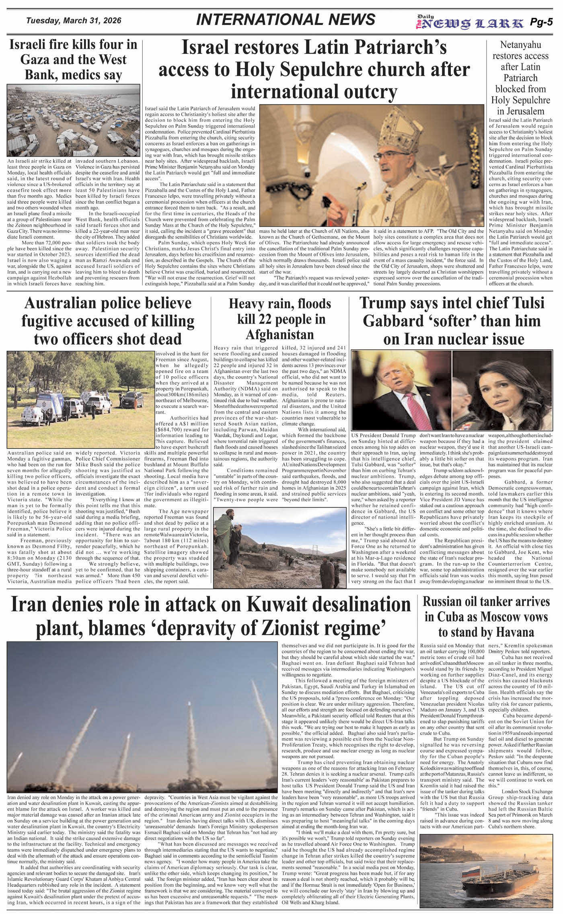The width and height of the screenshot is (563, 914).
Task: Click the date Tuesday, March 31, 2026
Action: coord(73,21)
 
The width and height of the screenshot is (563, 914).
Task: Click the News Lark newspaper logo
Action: coord(471,23)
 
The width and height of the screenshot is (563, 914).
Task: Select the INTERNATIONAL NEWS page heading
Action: coord(286,20)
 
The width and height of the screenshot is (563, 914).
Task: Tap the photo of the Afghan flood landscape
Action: coord(279,545)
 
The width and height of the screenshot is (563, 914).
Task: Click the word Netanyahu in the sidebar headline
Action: coord(520,45)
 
